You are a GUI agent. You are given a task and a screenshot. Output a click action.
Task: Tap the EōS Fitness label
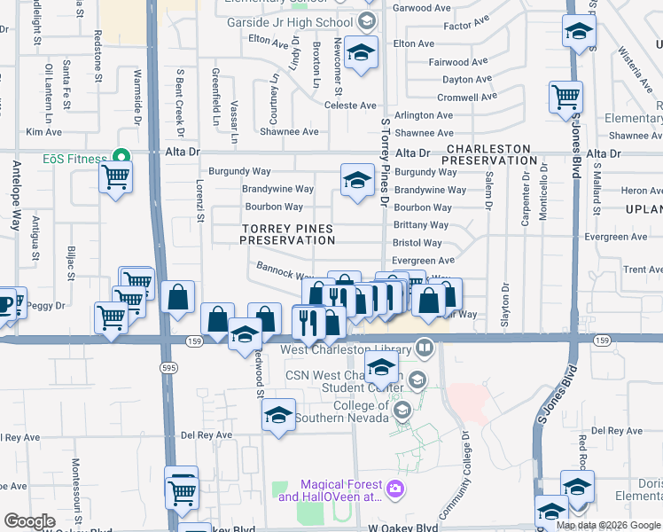point(74,159)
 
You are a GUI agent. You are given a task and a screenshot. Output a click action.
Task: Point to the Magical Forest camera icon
point(395,486)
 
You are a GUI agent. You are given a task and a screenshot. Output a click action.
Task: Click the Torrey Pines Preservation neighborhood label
point(286,234)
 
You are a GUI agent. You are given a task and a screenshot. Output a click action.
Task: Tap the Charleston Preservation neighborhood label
point(489,154)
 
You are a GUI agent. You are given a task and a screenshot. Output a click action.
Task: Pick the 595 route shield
point(167,366)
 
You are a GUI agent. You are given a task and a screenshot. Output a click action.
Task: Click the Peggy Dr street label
point(47,305)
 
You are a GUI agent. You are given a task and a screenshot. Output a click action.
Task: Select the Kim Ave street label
point(44,132)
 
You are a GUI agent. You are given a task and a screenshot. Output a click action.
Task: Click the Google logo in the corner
point(30,521)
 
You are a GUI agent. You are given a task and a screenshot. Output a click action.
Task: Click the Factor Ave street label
point(466,26)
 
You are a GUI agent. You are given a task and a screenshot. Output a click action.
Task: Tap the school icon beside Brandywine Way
point(355,181)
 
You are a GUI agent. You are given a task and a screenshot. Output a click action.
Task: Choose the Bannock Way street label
point(281,270)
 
